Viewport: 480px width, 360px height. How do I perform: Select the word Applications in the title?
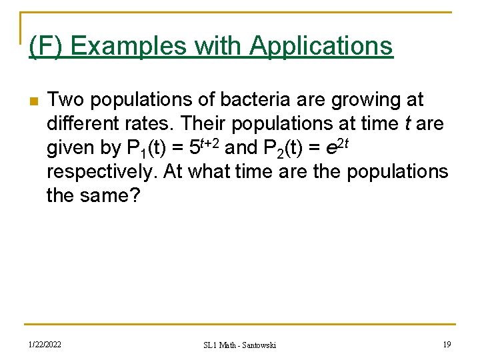321,46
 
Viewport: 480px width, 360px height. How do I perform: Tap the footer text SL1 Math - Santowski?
240,345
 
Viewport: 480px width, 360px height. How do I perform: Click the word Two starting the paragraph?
66,100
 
